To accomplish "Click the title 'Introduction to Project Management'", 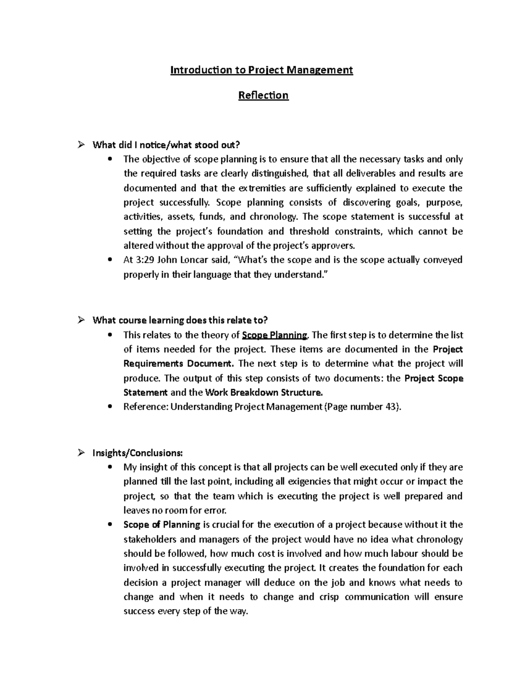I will click(262, 70).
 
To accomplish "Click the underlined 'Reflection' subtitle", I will click(263, 95).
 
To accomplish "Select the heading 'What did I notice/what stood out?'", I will click(167, 145).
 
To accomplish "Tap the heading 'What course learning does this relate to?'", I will click(180, 320).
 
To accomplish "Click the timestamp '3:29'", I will click(144, 260).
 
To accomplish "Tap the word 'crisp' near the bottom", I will click(329, 597).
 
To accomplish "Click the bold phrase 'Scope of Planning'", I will click(162, 525).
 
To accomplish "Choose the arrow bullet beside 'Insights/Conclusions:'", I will click(80, 453).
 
